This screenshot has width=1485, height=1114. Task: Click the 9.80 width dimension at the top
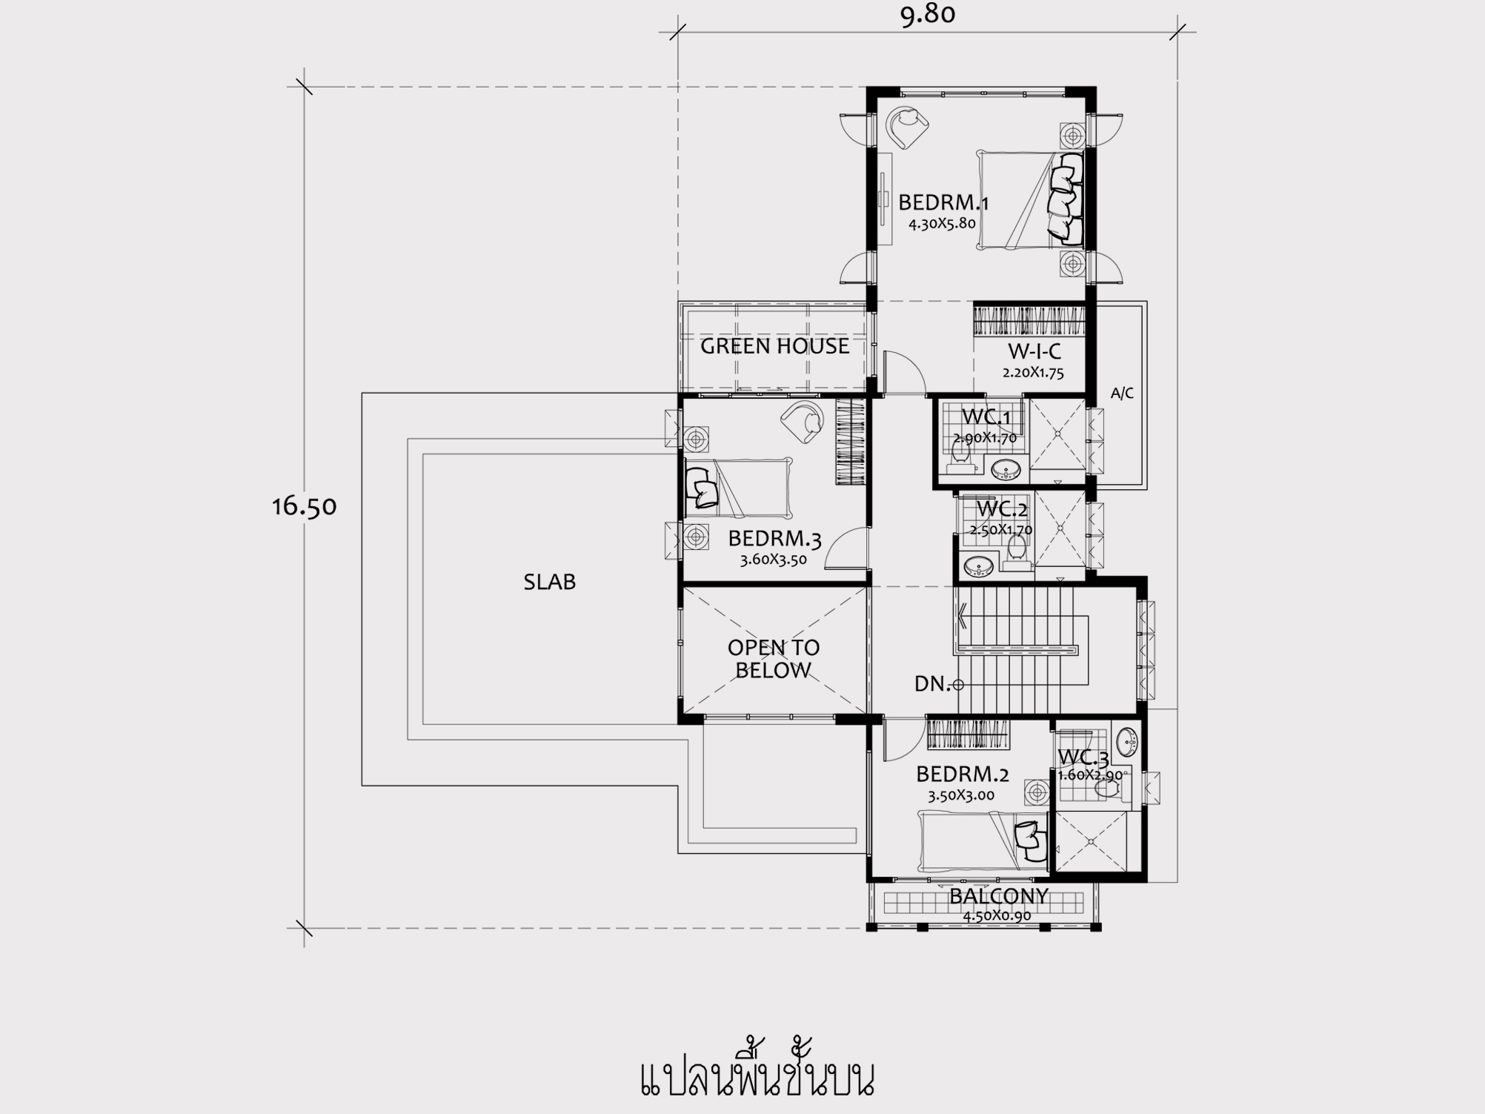pyautogui.click(x=928, y=14)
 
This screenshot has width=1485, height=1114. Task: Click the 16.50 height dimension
pyautogui.click(x=305, y=506)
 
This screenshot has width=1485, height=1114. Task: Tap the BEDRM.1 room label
pyautogui.click(x=943, y=202)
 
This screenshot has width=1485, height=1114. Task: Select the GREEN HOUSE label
pyautogui.click(x=774, y=346)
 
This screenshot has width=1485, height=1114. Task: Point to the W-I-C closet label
pyautogui.click(x=1034, y=351)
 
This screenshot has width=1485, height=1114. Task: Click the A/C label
pyautogui.click(x=1122, y=393)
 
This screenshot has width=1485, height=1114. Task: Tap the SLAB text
pyautogui.click(x=550, y=582)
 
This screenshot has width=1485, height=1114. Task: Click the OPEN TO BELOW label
pyautogui.click(x=774, y=659)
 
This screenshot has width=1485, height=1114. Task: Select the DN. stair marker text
pyautogui.click(x=932, y=683)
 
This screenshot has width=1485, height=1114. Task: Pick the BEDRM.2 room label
pyautogui.click(x=963, y=775)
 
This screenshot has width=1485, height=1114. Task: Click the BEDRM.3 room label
pyautogui.click(x=774, y=538)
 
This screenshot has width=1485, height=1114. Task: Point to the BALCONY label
pyautogui.click(x=999, y=896)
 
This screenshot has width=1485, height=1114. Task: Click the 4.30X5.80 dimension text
pyautogui.click(x=942, y=223)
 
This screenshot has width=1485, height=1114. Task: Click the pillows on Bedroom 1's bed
pyautogui.click(x=1066, y=198)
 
